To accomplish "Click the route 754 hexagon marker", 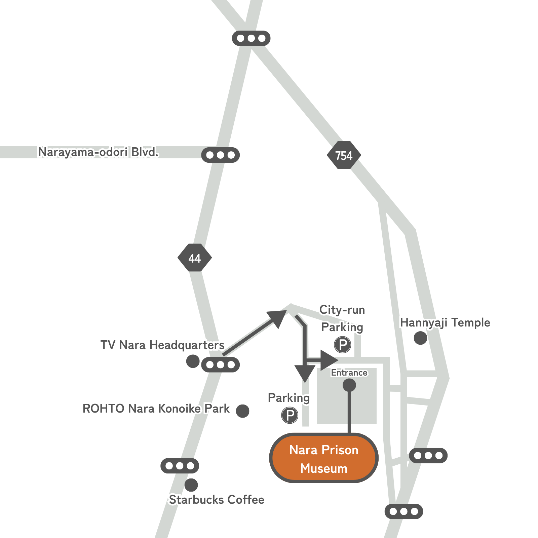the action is click(x=344, y=155).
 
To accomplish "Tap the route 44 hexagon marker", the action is click(x=195, y=258).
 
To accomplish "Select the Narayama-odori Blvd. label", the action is click(x=98, y=152).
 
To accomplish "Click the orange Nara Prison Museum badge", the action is click(x=324, y=458).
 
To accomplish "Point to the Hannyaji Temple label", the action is click(x=445, y=323).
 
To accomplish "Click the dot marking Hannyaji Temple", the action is click(x=420, y=338).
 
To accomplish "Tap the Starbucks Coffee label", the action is click(x=217, y=500).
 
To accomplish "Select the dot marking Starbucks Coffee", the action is click(x=191, y=485).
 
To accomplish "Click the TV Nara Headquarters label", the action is click(x=162, y=345).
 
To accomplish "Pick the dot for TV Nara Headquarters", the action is click(x=193, y=361).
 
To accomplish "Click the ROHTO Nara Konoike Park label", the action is click(x=156, y=409).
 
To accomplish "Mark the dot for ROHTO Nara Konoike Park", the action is click(x=242, y=411).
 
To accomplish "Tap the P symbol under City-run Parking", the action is click(x=343, y=345).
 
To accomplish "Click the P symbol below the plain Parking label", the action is click(x=290, y=415).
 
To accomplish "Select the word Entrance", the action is click(x=349, y=373).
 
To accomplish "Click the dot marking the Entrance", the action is click(x=349, y=385).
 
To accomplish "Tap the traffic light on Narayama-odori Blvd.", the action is click(x=220, y=155).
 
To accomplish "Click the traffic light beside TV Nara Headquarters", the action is click(x=220, y=365).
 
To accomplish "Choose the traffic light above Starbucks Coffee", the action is click(x=180, y=466).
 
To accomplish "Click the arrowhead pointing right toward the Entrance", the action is click(x=329, y=360).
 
